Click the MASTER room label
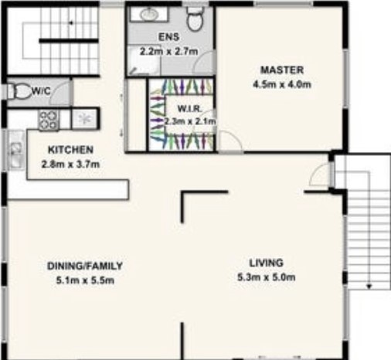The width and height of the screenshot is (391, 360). [x=282, y=70]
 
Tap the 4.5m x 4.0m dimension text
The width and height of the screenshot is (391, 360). [x=282, y=84]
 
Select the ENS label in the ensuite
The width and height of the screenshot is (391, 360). [x=169, y=37]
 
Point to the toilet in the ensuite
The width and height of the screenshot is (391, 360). [x=195, y=18]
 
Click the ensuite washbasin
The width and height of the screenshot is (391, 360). [x=149, y=14]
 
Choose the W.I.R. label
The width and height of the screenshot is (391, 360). [x=190, y=108]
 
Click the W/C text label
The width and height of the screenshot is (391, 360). [x=41, y=90]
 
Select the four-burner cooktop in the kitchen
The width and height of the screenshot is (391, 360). [x=49, y=120]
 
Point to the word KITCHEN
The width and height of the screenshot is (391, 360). [x=70, y=150]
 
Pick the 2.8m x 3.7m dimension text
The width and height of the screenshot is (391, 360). [x=70, y=164]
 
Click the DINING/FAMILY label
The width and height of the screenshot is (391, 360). [x=85, y=266]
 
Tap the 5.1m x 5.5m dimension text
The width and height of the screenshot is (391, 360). [x=85, y=280]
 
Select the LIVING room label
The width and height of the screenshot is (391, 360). [x=267, y=263]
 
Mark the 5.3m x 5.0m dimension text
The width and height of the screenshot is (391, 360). [x=267, y=277]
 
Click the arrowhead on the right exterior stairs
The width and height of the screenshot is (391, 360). [x=369, y=287]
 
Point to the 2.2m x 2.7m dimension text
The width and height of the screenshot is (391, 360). [x=169, y=51]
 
